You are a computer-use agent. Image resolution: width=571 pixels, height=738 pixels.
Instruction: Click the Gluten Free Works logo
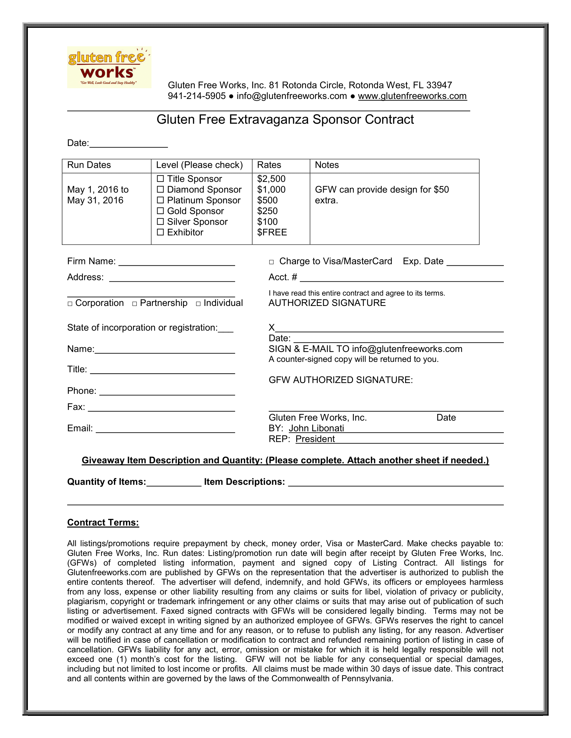(x=109, y=67)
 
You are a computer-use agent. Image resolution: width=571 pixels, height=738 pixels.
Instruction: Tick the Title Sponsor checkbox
(x=160, y=178)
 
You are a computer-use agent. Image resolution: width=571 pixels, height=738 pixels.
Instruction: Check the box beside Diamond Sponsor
(x=160, y=189)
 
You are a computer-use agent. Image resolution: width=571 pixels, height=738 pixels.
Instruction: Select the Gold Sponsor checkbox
(x=160, y=211)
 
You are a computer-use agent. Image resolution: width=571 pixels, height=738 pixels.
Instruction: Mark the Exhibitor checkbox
(x=160, y=232)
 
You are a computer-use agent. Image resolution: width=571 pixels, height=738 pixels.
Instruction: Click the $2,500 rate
(x=271, y=179)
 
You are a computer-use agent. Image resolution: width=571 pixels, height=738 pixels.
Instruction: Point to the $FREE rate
(x=272, y=232)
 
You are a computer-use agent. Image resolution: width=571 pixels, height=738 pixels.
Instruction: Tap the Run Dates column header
(x=89, y=165)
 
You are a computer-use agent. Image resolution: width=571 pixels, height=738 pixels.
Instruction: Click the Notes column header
(x=327, y=165)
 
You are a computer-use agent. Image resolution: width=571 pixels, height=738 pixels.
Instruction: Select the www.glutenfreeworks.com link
(x=412, y=96)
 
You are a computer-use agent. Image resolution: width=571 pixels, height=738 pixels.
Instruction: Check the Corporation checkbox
(x=70, y=304)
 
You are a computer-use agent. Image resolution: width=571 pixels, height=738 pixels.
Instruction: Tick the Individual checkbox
(x=198, y=304)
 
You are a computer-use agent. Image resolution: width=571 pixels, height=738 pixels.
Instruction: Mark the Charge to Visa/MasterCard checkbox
(x=271, y=262)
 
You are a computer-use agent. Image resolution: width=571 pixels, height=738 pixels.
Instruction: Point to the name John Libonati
(x=316, y=428)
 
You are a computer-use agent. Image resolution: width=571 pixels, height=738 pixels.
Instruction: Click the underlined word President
(x=315, y=439)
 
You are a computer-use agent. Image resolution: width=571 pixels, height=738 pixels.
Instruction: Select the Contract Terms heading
(x=103, y=523)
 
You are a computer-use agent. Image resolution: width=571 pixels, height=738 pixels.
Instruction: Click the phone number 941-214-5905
(x=196, y=96)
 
